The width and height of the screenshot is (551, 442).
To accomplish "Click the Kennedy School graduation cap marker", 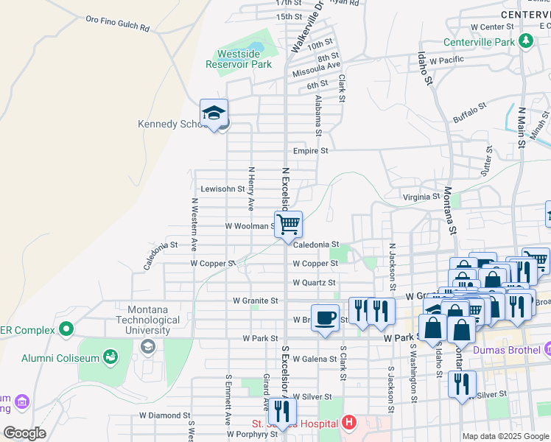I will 214,113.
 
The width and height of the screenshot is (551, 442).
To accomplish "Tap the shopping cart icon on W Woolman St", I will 288,223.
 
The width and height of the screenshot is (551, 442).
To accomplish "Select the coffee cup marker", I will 325,318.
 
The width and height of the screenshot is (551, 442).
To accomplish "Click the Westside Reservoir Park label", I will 245,59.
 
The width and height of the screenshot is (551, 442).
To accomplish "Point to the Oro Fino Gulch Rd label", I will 118,24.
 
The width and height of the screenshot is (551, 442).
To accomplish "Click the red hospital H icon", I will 349,424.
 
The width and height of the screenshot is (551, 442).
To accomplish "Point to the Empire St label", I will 310,150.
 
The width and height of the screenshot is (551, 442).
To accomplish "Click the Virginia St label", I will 421,197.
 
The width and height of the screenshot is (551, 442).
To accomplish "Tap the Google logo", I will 24,433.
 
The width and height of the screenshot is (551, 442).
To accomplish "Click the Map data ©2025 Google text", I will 505,436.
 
